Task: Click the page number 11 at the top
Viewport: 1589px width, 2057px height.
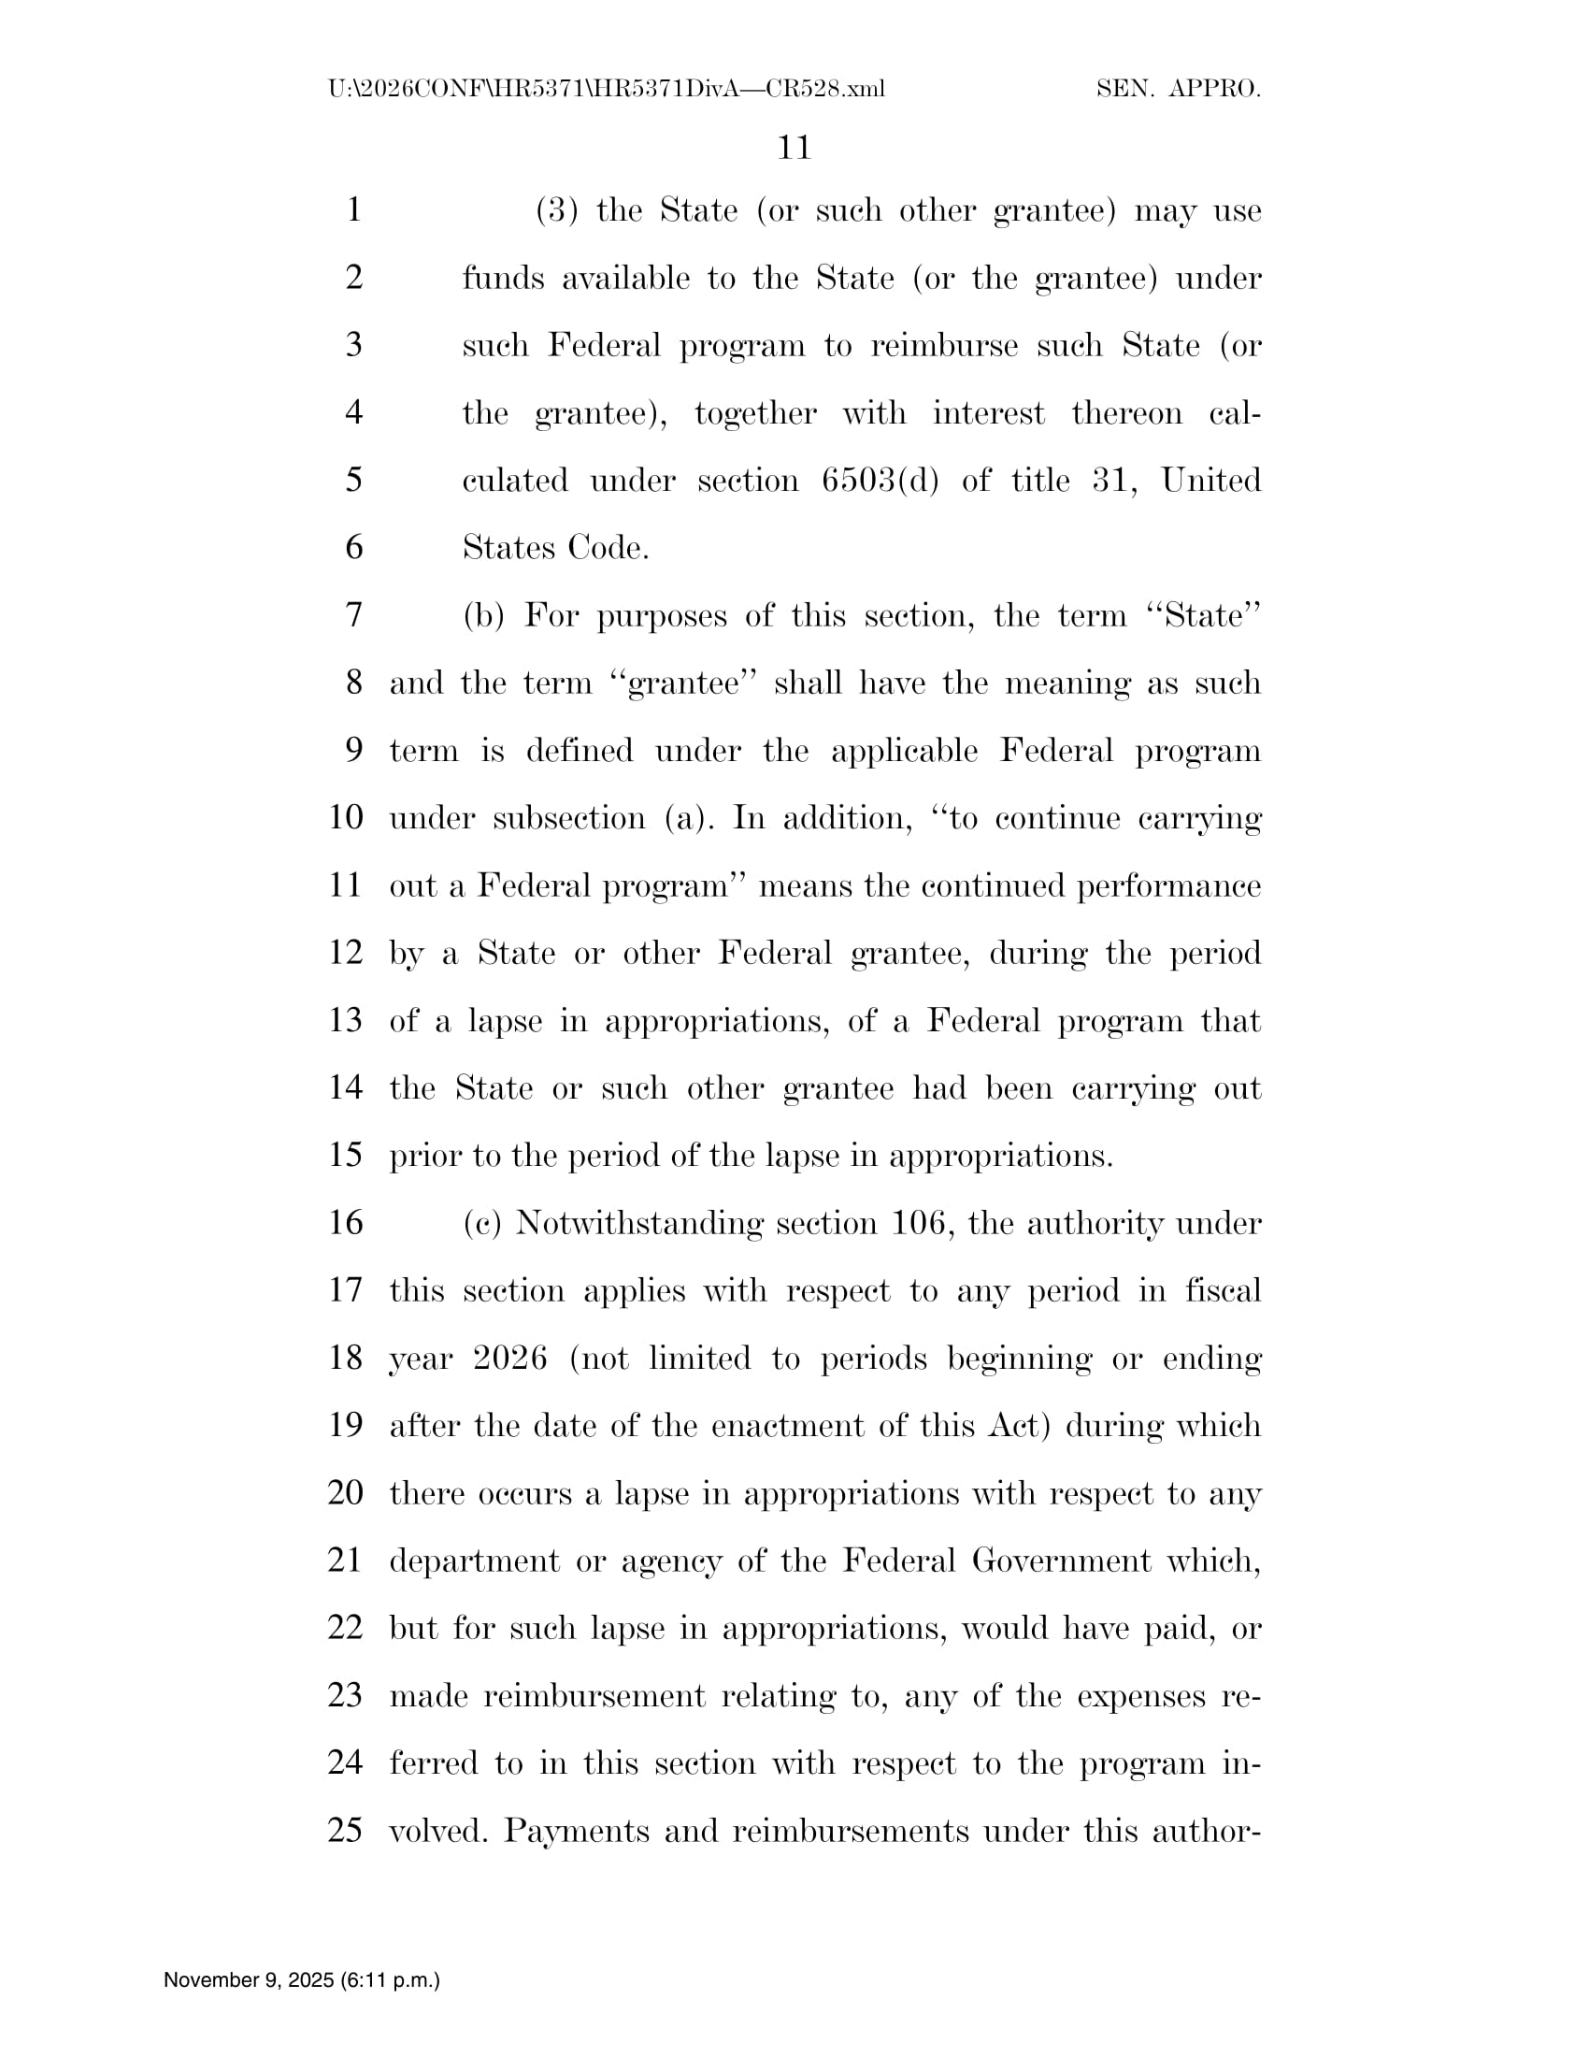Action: point(794,148)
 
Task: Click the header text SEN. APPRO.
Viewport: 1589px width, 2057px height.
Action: point(1178,90)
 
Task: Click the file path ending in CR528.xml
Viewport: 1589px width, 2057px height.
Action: point(607,90)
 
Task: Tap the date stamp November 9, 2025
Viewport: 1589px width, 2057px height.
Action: point(301,1980)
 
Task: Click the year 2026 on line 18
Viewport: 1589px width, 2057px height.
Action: point(510,1359)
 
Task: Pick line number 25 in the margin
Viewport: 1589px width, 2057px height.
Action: point(346,1831)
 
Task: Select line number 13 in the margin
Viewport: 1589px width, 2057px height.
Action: point(346,1021)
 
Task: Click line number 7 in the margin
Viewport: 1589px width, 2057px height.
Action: point(354,616)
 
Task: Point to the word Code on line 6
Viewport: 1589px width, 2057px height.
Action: point(608,548)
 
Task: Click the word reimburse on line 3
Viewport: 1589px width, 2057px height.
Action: point(943,346)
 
